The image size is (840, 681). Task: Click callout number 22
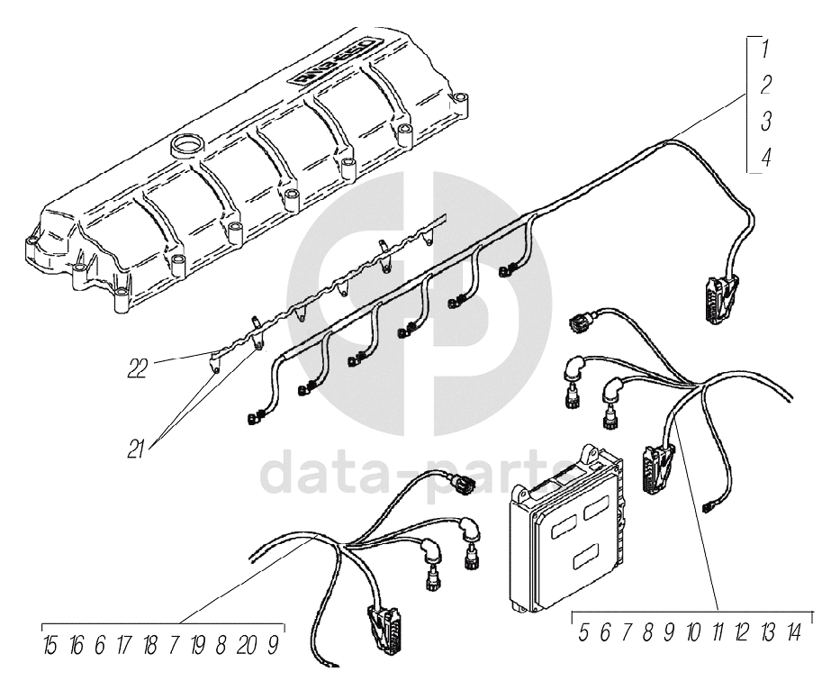[138, 368]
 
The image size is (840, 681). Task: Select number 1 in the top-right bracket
[764, 48]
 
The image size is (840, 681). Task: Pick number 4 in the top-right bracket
[764, 157]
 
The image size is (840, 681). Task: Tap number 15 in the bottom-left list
[51, 645]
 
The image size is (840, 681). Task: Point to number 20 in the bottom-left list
[248, 645]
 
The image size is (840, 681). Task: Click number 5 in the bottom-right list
[583, 632]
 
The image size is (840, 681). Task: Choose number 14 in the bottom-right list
[793, 632]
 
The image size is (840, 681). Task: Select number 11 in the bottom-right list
[718, 632]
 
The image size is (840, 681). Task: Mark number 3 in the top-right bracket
[764, 121]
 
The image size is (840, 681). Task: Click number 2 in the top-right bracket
[764, 85]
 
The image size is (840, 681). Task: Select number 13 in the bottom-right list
[767, 632]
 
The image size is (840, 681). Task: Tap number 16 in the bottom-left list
[77, 645]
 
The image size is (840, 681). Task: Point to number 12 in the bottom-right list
[742, 632]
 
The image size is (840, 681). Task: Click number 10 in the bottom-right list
[692, 632]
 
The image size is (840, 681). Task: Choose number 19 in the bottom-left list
[198, 645]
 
